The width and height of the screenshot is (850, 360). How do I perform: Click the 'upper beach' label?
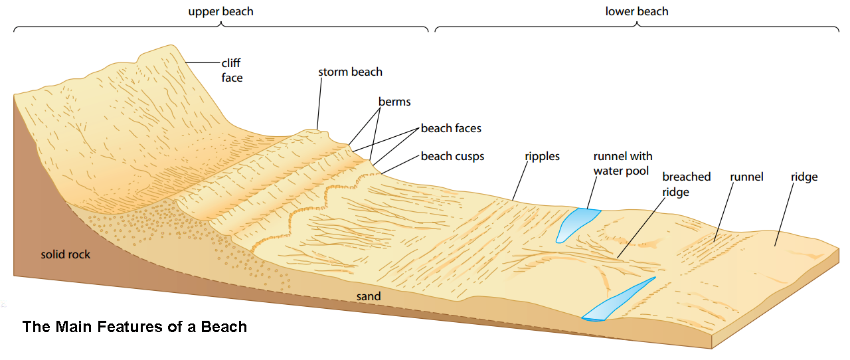tap(220, 11)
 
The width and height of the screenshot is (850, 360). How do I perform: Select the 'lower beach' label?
tap(637, 11)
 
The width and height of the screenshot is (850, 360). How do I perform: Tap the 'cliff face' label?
tap(232, 70)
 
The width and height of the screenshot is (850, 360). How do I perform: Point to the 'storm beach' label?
tap(350, 72)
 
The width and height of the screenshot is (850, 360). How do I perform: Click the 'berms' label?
tap(394, 102)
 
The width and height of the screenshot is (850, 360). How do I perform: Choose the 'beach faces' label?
tap(451, 128)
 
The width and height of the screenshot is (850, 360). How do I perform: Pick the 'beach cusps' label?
tap(452, 157)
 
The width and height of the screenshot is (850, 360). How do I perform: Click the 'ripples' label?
tap(541, 157)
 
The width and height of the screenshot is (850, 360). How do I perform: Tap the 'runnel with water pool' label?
tap(622, 163)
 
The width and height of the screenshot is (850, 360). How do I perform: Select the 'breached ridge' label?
tap(686, 184)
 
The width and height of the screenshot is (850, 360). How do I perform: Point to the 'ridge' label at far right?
tap(804, 177)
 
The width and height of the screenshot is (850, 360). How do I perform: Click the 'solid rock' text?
tap(65, 254)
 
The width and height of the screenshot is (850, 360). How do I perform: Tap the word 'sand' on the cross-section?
tap(369, 296)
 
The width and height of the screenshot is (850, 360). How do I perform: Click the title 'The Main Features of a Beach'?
tap(135, 327)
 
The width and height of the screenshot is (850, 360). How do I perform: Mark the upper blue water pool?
tap(575, 223)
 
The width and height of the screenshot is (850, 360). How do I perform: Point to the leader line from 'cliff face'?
tap(203, 62)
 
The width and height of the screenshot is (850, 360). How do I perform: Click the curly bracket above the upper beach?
tap(220, 27)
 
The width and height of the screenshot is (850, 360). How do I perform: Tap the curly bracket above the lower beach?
tap(637, 27)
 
